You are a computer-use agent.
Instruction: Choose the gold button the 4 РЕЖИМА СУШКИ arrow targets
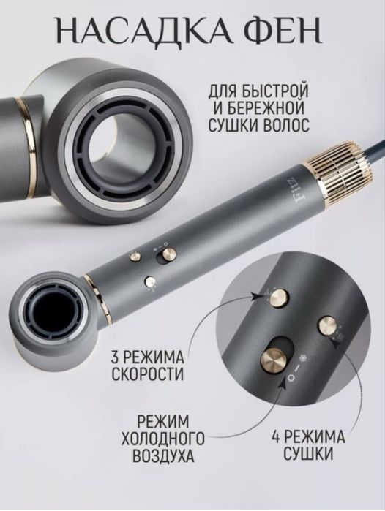(328, 325)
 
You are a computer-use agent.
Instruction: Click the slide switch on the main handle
(165, 254)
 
